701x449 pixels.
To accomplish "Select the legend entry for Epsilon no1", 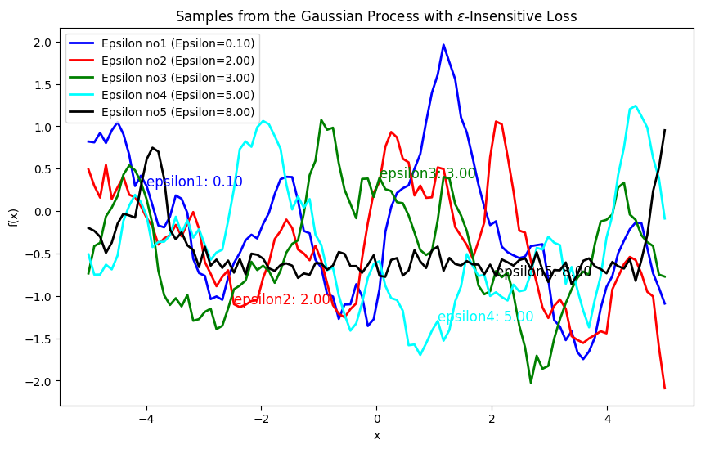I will tap(177, 43).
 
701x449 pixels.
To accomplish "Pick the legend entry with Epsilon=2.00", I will tap(177, 60).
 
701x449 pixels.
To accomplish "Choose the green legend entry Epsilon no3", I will tap(177, 77).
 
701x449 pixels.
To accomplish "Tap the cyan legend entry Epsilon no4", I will tap(177, 94).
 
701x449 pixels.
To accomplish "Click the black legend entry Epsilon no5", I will tap(177, 112).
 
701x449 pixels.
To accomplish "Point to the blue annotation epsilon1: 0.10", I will tap(193, 182).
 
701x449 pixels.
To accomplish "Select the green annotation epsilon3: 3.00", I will tap(427, 173).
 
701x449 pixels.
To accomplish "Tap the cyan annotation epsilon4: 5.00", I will tap(485, 317).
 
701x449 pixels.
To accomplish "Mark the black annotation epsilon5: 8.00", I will tap(543, 272).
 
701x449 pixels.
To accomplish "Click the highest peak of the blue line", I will tap(443, 45).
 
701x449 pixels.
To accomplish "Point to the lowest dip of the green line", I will tap(531, 382).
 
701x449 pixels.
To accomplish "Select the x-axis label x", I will tap(376, 435).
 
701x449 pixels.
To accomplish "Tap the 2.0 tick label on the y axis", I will tap(43, 43).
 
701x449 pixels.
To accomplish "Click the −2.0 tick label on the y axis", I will tap(39, 381).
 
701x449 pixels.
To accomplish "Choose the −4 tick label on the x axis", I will tap(146, 419).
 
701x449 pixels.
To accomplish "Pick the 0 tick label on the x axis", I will tap(376, 419).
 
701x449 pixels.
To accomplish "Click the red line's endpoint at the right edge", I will tap(664, 388).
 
